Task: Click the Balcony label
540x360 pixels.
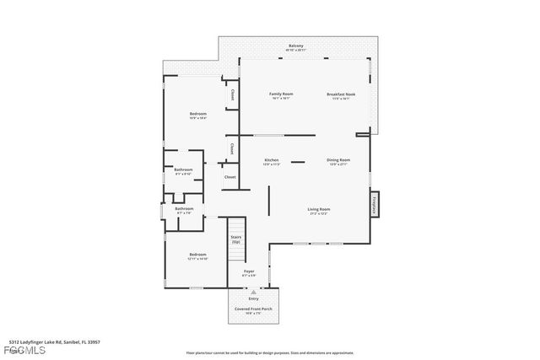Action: (295, 46)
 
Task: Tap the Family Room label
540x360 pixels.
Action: (280, 94)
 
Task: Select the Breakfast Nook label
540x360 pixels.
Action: (341, 94)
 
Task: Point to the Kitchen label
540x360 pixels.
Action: (272, 159)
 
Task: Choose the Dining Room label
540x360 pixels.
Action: (338, 159)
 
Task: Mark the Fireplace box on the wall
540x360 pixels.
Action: (372, 204)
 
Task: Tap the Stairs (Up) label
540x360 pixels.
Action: (236, 239)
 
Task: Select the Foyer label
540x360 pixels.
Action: (249, 271)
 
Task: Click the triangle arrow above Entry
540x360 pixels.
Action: (253, 292)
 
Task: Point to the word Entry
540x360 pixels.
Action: (253, 298)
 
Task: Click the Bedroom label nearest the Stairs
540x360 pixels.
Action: (197, 255)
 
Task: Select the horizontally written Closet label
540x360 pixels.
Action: (229, 177)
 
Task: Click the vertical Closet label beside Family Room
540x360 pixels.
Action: (231, 95)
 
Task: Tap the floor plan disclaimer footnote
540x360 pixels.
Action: (270, 352)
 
